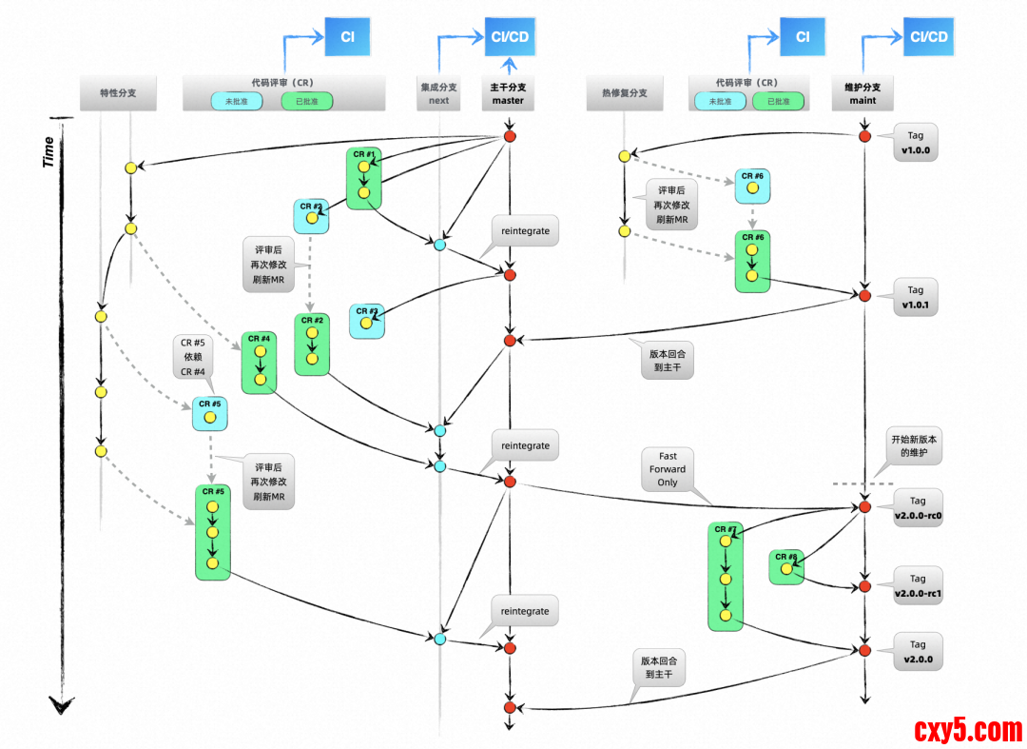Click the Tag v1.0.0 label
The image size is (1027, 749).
[x=915, y=143]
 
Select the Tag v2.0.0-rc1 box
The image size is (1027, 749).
[x=917, y=586]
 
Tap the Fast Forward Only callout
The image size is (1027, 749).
[x=668, y=469]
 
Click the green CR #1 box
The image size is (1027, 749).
[x=364, y=179]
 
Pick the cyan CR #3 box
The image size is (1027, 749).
[x=367, y=321]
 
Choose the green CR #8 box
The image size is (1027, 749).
[x=786, y=567]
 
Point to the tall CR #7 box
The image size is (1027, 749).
[x=726, y=577]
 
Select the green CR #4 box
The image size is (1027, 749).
[x=259, y=363]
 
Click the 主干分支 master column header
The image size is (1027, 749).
[x=509, y=93]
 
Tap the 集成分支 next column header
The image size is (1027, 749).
[x=438, y=93]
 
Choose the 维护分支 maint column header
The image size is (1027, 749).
[x=863, y=93]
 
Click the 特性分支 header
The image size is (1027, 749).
[x=118, y=93]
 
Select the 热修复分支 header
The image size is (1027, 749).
[x=624, y=93]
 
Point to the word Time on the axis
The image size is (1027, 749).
[x=48, y=151]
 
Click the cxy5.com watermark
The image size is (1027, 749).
[x=968, y=730]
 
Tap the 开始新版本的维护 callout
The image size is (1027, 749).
[x=914, y=447]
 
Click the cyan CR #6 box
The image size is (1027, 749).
[x=752, y=187]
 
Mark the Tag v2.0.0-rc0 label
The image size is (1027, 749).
[x=917, y=508]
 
